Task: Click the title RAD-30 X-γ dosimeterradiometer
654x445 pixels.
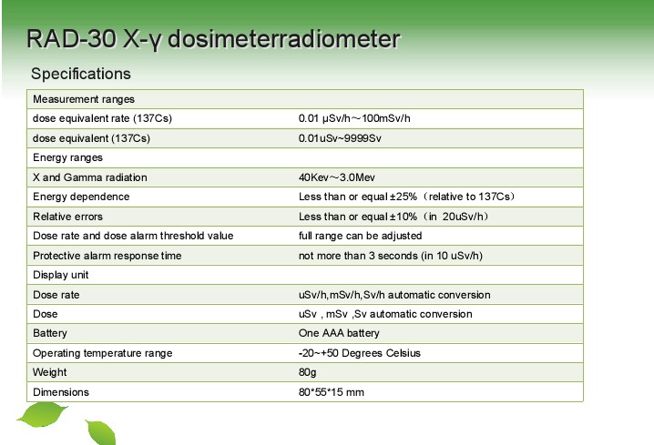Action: tap(213, 39)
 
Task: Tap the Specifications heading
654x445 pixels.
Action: tap(81, 74)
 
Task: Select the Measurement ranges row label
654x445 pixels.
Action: tap(84, 99)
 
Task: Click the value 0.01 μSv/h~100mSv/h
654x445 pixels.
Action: tap(354, 118)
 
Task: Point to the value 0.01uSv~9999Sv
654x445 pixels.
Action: tap(340, 138)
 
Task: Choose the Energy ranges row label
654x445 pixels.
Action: tap(67, 157)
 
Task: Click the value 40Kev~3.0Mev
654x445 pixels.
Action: tap(337, 177)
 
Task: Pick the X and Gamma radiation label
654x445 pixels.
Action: tap(89, 177)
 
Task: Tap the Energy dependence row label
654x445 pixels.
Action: tap(81, 197)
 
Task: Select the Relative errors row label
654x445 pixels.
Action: tap(67, 217)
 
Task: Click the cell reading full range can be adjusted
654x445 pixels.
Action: tap(360, 236)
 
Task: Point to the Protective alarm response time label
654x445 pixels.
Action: tap(107, 256)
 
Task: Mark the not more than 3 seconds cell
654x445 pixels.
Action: tap(391, 256)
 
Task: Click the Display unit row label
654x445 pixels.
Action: tap(60, 275)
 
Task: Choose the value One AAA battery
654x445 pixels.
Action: tap(339, 333)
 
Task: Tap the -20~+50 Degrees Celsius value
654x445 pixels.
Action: tap(360, 353)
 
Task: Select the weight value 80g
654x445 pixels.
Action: tap(307, 372)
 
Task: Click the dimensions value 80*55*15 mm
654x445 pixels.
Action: tap(332, 392)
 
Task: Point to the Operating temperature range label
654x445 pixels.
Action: tap(103, 353)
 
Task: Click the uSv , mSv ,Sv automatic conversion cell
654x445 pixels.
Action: tap(385, 314)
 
